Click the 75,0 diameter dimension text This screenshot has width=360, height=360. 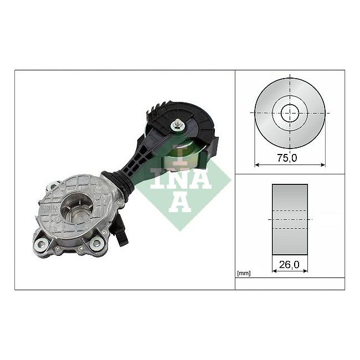point(287,158)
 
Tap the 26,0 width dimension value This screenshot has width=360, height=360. point(289,265)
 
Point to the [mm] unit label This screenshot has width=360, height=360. point(244,273)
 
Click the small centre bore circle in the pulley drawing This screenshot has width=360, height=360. point(290,113)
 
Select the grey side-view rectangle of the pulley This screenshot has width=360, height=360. point(290,219)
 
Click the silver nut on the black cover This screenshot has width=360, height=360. point(177,125)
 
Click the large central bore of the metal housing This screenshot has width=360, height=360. point(78,206)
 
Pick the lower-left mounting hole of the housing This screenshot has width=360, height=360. point(42,244)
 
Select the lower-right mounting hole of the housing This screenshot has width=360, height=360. point(96,243)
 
